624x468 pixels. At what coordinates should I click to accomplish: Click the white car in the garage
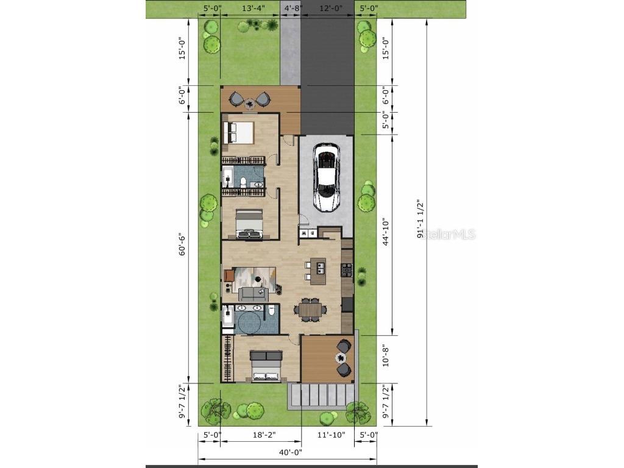(327, 177)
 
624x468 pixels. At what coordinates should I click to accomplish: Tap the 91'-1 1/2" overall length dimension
(420, 219)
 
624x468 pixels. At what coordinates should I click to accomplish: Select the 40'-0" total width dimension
(291, 452)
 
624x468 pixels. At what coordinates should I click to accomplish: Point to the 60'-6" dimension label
(182, 244)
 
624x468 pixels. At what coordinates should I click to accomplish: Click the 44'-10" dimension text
(385, 232)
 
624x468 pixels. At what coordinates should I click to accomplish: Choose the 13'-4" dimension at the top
(253, 8)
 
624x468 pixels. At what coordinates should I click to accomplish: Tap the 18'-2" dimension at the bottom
(264, 435)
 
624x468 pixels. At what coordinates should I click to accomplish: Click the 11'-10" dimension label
(331, 435)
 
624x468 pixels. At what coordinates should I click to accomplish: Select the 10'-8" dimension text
(385, 355)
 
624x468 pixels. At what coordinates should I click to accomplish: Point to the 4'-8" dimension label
(293, 8)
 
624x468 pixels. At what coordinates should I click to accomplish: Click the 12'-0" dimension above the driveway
(331, 8)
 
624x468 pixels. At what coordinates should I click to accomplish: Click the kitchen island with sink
(318, 271)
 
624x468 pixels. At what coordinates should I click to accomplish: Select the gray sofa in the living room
(253, 294)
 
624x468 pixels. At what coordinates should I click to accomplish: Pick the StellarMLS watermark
(448, 234)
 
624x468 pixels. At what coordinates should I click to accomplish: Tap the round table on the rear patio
(341, 358)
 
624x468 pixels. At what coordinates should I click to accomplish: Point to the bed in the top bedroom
(238, 132)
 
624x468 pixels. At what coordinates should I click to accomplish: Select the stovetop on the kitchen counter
(347, 270)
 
